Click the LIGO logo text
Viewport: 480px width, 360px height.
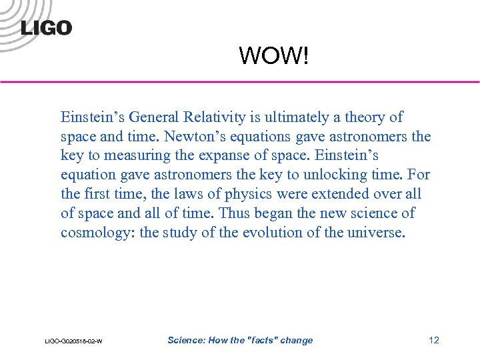(x=46, y=28)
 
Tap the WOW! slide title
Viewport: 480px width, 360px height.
(x=274, y=56)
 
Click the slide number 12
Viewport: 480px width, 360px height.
(x=434, y=341)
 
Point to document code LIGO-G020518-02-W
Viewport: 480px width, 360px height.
(x=73, y=341)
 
